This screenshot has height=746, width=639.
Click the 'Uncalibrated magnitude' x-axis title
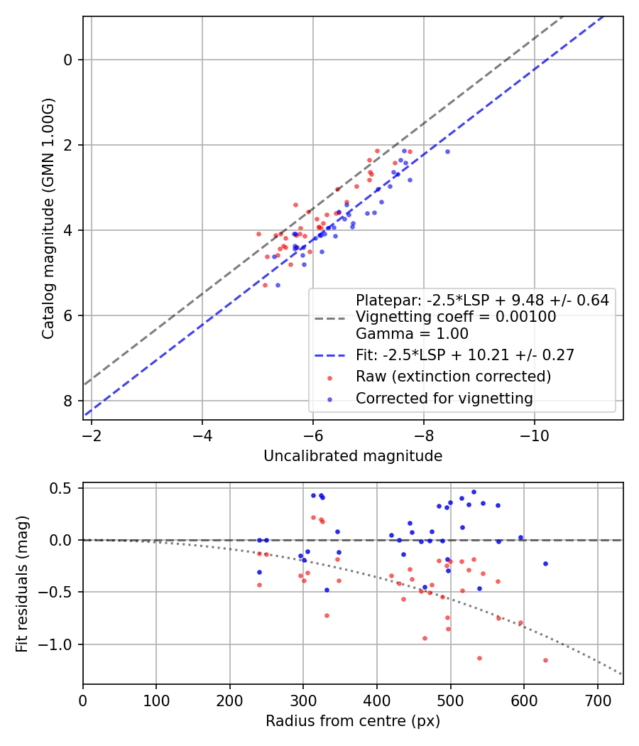353,456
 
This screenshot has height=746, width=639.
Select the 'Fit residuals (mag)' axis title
22,584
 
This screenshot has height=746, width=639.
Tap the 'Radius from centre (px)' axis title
353,721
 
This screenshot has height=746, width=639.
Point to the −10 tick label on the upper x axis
534,436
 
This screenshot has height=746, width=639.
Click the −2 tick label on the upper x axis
92,436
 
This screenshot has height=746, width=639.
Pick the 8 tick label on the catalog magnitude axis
67,401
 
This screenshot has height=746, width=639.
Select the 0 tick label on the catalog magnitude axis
67,60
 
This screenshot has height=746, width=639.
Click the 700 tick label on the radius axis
597,701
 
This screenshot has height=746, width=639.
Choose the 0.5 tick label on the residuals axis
60,489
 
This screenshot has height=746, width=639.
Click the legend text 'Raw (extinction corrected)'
453,377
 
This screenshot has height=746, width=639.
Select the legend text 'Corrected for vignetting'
444,398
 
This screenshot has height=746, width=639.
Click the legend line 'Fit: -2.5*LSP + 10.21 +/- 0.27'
330,355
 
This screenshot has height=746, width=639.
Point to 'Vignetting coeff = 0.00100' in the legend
456,316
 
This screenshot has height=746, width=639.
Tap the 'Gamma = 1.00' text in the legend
413,333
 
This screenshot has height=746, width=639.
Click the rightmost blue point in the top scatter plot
447,152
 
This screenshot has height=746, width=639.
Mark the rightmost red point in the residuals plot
545,660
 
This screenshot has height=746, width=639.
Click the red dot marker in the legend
330,378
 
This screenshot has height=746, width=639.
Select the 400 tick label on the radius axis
377,701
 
